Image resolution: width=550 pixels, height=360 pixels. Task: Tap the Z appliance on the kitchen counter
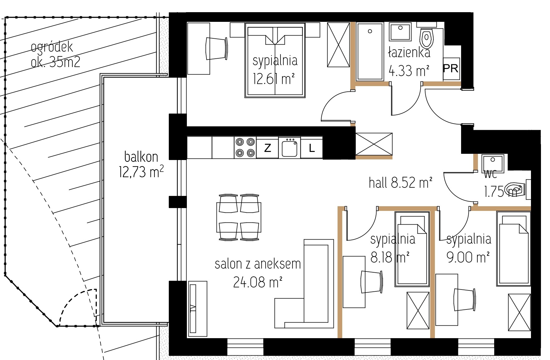click(x=267, y=148)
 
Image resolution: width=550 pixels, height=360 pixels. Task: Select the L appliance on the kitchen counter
click(x=312, y=148)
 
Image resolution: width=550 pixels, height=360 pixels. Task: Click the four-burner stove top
click(x=245, y=148)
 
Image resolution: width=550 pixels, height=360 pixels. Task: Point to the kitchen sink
click(x=290, y=148)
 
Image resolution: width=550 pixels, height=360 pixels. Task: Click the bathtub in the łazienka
click(x=370, y=51)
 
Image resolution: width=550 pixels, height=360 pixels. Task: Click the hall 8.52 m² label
click(x=401, y=183)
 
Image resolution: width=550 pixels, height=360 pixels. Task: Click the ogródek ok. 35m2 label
click(x=56, y=55)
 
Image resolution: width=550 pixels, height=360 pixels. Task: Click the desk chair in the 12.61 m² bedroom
click(x=217, y=48)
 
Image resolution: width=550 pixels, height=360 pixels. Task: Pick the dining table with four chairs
click(x=239, y=217)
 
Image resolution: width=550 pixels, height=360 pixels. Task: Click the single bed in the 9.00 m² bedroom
click(x=513, y=249)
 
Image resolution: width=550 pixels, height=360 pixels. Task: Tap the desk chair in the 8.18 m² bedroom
click(x=372, y=281)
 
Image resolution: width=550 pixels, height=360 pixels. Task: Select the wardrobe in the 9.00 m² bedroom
click(x=519, y=312)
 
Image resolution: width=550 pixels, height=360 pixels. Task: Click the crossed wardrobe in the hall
click(x=374, y=144)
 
